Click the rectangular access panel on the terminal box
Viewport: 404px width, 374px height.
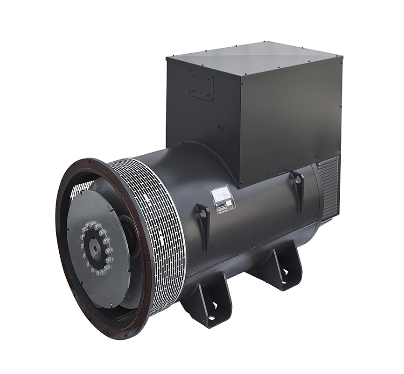point(201,86)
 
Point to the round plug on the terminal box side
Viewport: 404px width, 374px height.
point(220,128)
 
